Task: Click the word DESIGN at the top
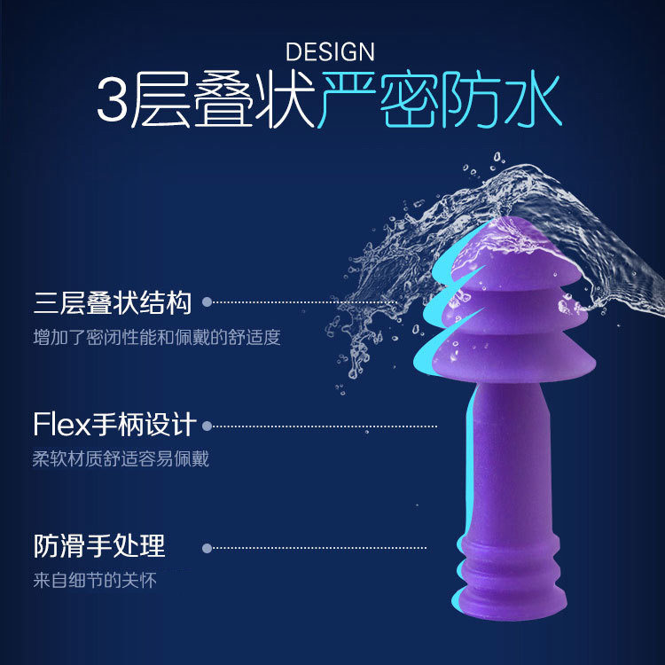(330, 51)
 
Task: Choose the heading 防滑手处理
(98, 545)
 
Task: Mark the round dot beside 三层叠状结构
(207, 302)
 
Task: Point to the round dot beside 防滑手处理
(207, 547)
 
